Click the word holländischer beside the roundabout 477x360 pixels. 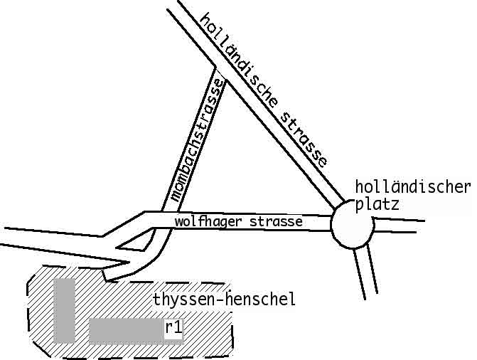point(412,188)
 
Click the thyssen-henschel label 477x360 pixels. point(223,300)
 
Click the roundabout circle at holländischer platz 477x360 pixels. point(352,226)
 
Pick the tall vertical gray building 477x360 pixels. point(65,309)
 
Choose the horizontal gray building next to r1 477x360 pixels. point(125,330)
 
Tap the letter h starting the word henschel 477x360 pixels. point(230,300)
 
